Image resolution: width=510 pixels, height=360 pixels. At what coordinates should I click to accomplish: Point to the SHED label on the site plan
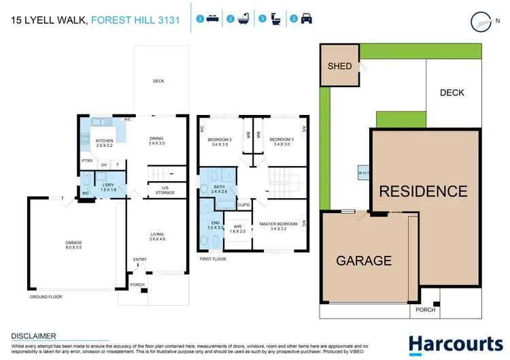pos(340,66)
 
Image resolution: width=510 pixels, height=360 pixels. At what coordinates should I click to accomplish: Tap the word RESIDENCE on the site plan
pos(423,191)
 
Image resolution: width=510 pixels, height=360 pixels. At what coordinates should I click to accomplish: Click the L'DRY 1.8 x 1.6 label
pos(107,188)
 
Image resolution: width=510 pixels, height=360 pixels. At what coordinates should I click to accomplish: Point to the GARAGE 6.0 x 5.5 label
pos(73,244)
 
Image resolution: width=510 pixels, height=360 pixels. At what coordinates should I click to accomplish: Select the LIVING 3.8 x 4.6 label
pos(157,237)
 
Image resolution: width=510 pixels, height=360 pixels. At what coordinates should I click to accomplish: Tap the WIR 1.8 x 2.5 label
pos(237,229)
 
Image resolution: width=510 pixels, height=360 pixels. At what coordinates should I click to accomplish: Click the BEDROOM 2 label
pos(220,142)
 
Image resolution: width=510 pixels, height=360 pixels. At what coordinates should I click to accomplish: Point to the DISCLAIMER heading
pos(34,336)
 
